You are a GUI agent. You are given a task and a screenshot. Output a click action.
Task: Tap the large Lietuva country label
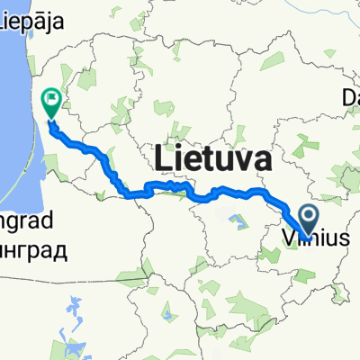click(x=214, y=159)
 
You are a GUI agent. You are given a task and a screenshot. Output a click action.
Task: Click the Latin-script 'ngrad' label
click(x=27, y=220)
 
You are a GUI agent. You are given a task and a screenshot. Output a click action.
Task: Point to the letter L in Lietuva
click(x=164, y=159)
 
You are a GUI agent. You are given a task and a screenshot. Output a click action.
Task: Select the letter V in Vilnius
click(x=287, y=239)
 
